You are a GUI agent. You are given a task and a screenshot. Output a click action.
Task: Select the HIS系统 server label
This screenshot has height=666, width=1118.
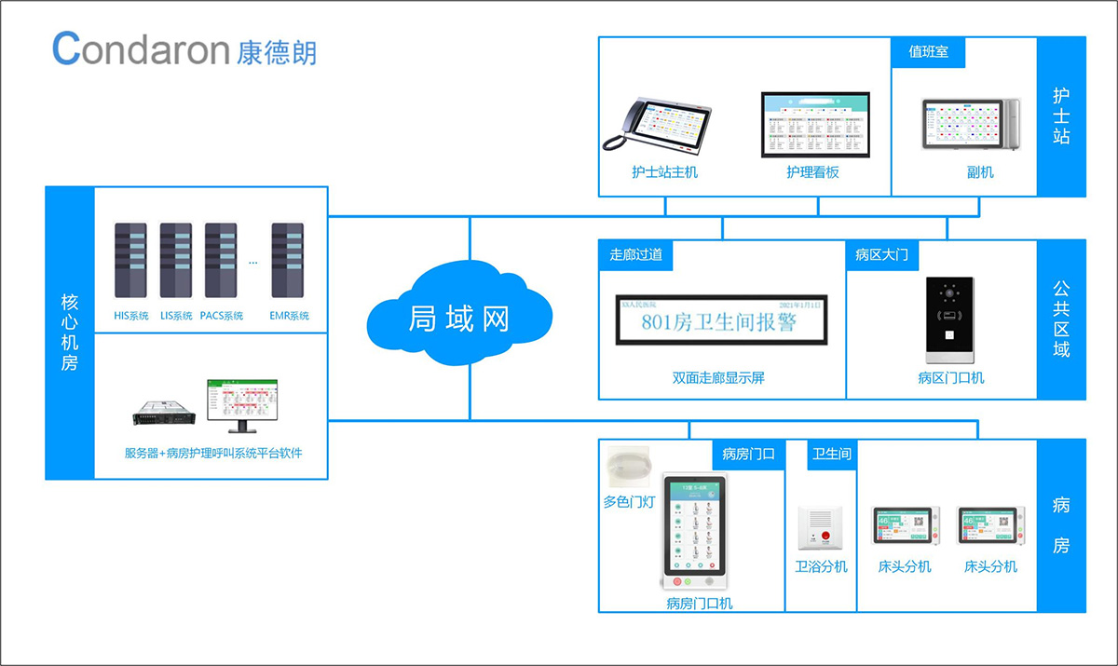131,316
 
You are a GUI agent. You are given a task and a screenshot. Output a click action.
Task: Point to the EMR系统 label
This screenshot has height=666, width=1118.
289,316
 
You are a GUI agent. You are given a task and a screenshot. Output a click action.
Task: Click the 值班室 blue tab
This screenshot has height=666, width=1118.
929,52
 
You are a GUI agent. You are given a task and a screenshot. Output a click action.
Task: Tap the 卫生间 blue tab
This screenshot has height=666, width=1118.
832,454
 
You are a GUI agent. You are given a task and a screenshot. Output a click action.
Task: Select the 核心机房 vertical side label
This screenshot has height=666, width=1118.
70,333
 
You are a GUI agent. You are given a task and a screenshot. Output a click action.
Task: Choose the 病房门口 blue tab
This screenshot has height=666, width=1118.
749,454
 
